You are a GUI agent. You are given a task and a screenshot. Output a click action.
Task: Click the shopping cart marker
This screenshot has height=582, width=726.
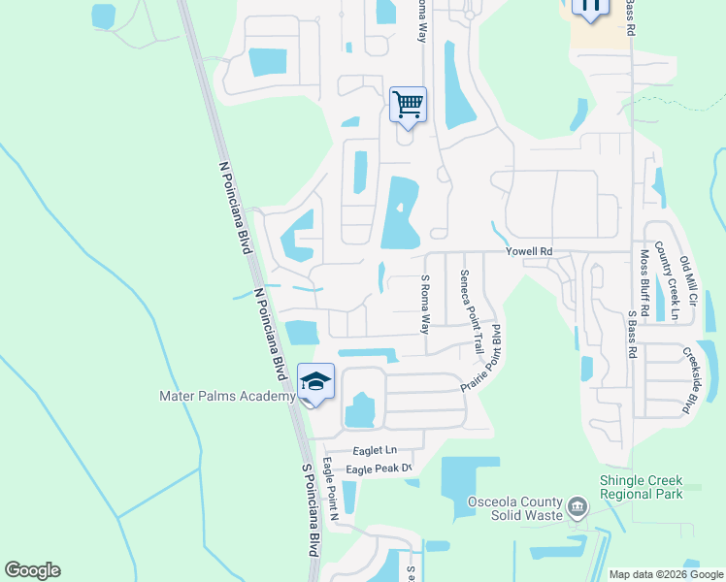coord(408,104)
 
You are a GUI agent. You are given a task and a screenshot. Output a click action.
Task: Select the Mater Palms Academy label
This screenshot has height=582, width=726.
coord(227,396)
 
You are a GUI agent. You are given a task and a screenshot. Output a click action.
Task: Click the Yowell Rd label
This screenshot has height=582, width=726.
coord(529,251)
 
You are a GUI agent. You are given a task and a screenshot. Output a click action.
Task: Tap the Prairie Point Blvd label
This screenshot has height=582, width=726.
coord(485,356)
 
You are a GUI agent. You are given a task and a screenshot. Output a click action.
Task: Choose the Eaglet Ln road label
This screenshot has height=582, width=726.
coord(375,450)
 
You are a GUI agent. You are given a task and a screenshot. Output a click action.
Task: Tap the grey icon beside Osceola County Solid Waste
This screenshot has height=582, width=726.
coord(577,505)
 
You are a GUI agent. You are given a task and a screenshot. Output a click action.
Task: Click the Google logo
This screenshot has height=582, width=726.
coord(32,570)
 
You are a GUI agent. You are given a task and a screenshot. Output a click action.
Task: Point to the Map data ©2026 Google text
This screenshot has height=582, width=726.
coord(665,574)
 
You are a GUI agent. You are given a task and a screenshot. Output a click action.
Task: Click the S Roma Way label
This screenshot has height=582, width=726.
coord(424,304)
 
